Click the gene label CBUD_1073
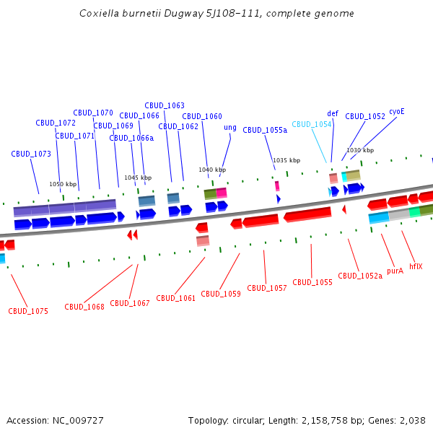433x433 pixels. (31, 154)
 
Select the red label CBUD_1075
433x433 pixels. (28, 312)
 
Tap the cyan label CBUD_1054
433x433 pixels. (312, 124)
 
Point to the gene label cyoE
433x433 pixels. (397, 112)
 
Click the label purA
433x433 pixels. (395, 271)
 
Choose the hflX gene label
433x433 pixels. (416, 266)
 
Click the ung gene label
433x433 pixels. (230, 128)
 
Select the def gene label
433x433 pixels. (333, 113)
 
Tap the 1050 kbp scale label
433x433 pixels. (63, 184)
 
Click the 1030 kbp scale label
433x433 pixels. (360, 150)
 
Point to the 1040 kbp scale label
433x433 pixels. (212, 170)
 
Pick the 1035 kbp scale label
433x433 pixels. (287, 160)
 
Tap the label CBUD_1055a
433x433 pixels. (265, 131)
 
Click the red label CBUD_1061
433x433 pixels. (176, 298)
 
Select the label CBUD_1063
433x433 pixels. (165, 105)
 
